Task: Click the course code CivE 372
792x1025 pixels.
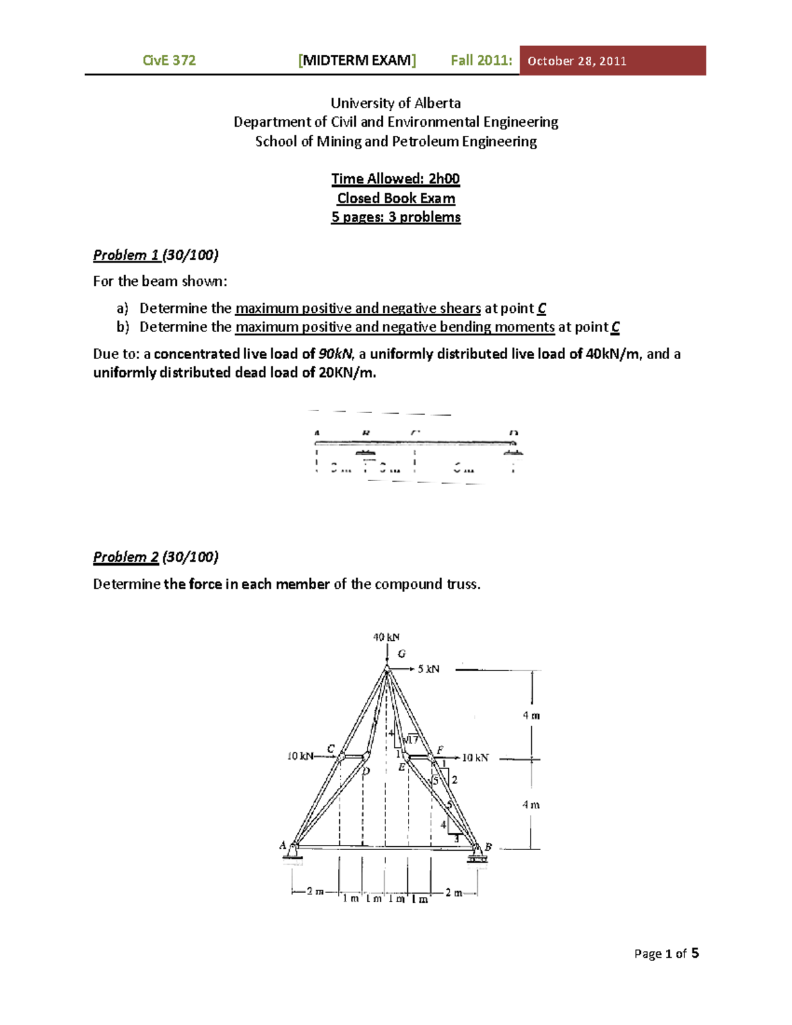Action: (x=169, y=60)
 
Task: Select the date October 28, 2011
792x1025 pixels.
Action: (x=577, y=61)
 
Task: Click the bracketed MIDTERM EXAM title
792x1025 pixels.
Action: (x=357, y=60)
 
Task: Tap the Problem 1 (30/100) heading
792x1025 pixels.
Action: (x=155, y=255)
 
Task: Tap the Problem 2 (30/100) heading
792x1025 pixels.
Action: (x=155, y=556)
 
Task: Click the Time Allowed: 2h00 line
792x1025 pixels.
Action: (x=395, y=179)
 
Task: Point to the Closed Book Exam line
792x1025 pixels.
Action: (x=396, y=198)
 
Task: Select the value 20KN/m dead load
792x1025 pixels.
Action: (x=347, y=372)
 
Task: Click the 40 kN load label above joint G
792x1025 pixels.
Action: (x=386, y=637)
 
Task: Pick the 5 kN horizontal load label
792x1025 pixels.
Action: (x=428, y=669)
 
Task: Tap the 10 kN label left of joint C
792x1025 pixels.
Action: (x=300, y=756)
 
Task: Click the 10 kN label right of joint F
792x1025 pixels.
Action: (x=475, y=757)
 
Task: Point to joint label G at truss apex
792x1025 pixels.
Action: (x=401, y=653)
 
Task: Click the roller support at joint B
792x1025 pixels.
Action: (x=477, y=856)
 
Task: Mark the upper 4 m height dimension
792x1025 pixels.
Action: (x=531, y=715)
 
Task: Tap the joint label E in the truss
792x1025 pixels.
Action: (x=401, y=768)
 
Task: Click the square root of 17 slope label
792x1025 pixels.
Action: (x=410, y=740)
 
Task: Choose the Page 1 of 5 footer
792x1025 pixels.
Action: (x=666, y=953)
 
